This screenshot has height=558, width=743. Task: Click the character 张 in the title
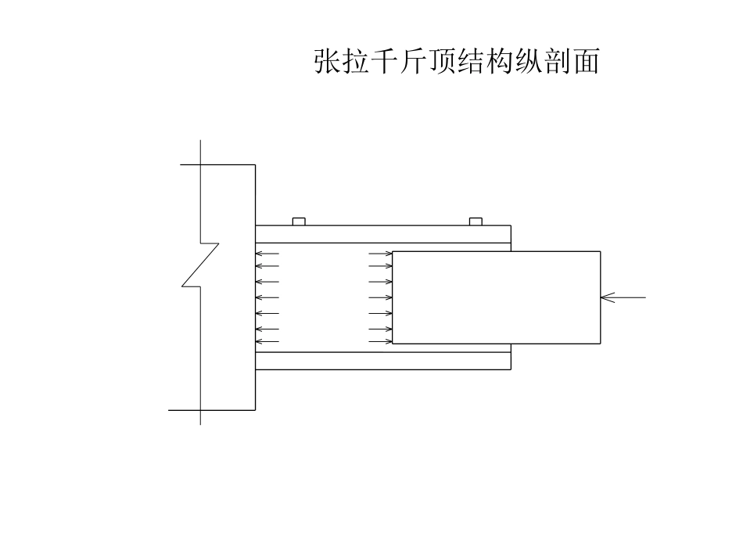(x=327, y=61)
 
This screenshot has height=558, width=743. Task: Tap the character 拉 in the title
(x=356, y=61)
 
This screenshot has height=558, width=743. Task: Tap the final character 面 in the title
(x=586, y=61)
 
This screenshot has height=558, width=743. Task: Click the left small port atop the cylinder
(x=298, y=221)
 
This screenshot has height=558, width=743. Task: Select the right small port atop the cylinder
(x=475, y=221)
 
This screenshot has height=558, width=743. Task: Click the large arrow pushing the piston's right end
(x=623, y=297)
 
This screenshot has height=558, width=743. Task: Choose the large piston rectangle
(x=496, y=297)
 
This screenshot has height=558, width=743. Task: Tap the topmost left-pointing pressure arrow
(x=267, y=254)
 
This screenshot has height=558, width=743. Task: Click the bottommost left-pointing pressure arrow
(x=267, y=341)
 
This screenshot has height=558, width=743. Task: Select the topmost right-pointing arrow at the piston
(x=381, y=254)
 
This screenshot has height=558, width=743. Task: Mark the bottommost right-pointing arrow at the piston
(x=381, y=341)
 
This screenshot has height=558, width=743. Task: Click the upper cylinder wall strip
(x=382, y=234)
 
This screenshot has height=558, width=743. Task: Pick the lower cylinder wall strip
(x=382, y=361)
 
